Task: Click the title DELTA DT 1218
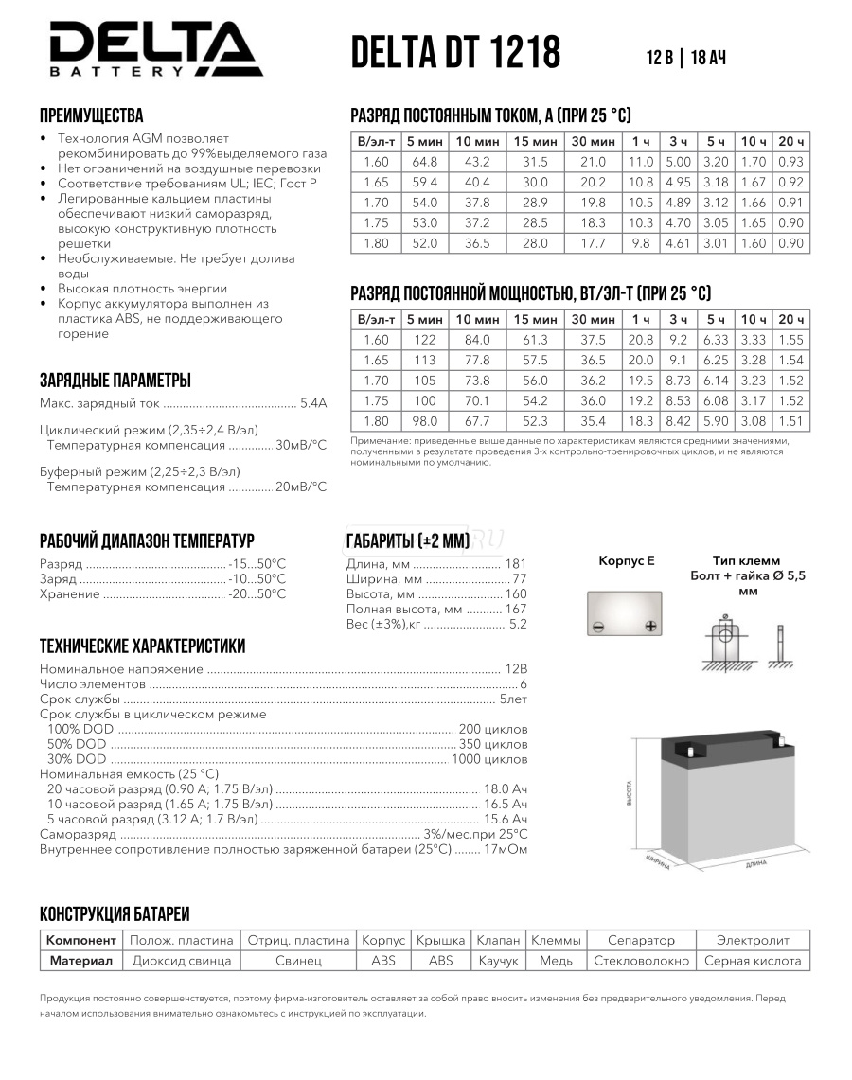(x=455, y=53)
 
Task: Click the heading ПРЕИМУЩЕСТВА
(x=91, y=115)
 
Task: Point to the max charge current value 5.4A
(x=312, y=403)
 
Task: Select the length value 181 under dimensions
(x=516, y=564)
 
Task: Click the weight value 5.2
(x=518, y=625)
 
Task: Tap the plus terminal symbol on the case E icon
(x=650, y=626)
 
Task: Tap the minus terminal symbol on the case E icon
(x=598, y=626)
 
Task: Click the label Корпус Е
(x=626, y=560)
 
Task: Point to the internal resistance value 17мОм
(x=506, y=849)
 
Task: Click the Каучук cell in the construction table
(x=498, y=961)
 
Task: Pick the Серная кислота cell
(x=753, y=961)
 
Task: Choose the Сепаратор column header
(x=641, y=940)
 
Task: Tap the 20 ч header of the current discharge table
(x=791, y=141)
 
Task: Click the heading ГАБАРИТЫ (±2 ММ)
(x=410, y=540)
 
